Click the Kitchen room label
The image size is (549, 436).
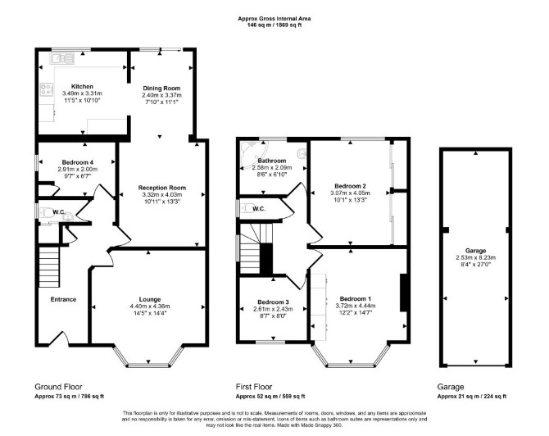(82, 87)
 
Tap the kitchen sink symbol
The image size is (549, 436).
(62, 58)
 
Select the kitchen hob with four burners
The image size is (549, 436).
(46, 89)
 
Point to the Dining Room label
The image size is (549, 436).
(161, 89)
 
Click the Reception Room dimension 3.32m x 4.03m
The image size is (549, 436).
(162, 195)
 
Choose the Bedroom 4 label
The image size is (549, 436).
(78, 162)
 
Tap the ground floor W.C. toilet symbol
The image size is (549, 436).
(46, 212)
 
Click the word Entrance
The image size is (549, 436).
(63, 299)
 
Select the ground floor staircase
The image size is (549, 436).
(48, 267)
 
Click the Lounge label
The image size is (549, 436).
(150, 299)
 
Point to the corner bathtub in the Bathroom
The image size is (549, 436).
(253, 154)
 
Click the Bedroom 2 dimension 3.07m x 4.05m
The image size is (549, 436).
(350, 193)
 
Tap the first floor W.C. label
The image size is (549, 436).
(258, 209)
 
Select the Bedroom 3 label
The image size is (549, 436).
(273, 302)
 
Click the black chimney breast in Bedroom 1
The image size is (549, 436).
(404, 293)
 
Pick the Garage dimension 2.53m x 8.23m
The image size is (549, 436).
(476, 257)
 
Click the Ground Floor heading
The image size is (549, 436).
(58, 387)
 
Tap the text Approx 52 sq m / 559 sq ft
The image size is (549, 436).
(270, 397)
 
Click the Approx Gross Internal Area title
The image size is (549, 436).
(274, 19)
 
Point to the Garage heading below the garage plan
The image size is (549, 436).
(451, 387)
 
